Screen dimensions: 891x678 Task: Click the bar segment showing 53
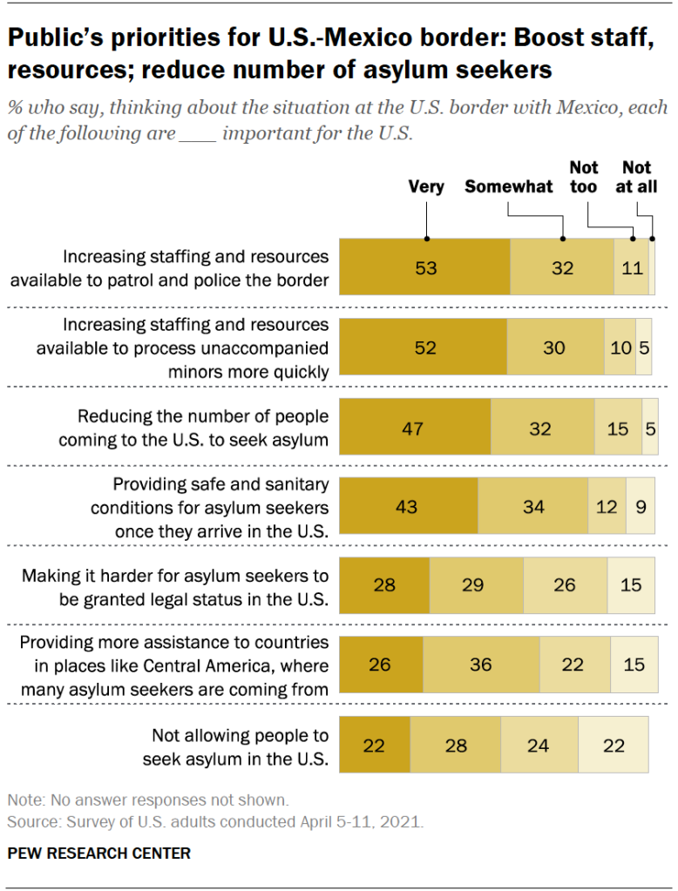[424, 267]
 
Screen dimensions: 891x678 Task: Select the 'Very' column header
[426, 186]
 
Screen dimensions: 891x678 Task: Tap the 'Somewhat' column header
[509, 186]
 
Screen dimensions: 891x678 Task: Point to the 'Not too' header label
[584, 176]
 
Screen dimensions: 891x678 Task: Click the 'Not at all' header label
[639, 176]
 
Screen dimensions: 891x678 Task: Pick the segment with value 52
[423, 348]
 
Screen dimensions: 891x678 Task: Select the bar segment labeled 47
[415, 427]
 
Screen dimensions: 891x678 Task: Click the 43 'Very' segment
[408, 506]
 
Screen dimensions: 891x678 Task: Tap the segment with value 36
[481, 665]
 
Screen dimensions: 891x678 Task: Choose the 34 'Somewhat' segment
[532, 506]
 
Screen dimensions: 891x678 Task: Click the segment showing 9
[641, 506]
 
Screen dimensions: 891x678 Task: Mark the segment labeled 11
[632, 267]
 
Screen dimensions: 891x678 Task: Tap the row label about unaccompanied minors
[182, 348]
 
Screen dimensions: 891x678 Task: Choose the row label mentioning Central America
[174, 666]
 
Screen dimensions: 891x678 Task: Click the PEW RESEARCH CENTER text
[98, 853]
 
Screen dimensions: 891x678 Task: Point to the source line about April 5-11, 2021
[214, 820]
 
